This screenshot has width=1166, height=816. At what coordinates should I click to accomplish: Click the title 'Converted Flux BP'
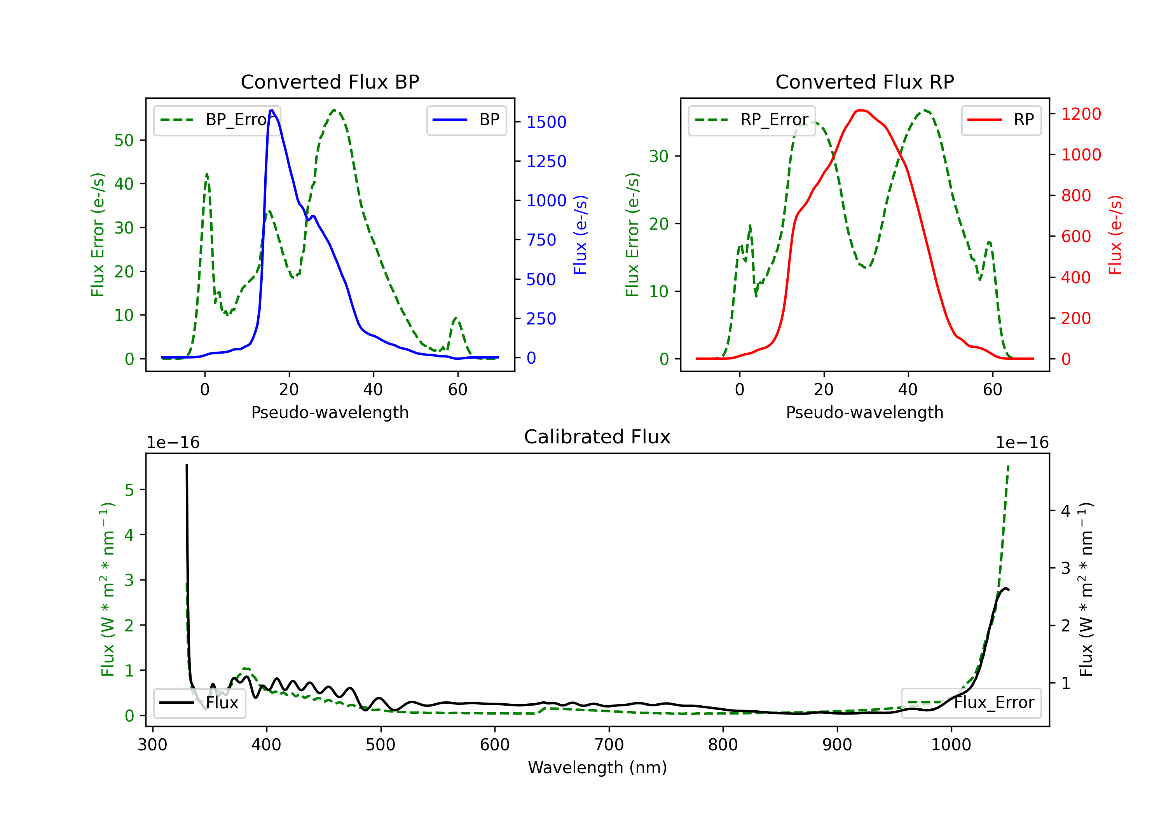point(330,82)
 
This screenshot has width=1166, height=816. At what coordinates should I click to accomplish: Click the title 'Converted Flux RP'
point(864,82)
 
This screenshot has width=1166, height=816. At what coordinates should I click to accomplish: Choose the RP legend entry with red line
point(1001,120)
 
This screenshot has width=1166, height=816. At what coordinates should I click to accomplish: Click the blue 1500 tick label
point(546,122)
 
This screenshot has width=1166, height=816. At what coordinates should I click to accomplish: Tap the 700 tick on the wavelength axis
point(609,745)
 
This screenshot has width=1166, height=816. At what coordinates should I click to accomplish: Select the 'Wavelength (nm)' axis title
point(597,767)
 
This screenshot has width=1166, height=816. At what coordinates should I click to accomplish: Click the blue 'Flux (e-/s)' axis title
point(580,235)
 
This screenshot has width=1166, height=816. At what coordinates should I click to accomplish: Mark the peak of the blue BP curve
point(272,110)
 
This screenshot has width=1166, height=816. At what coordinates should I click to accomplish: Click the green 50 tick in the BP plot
point(124,140)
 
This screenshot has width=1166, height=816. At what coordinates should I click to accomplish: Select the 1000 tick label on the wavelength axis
point(951,745)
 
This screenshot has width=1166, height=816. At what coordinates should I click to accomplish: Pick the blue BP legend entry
point(466,120)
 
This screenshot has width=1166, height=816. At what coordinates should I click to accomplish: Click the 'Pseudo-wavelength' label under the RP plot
point(864,412)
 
